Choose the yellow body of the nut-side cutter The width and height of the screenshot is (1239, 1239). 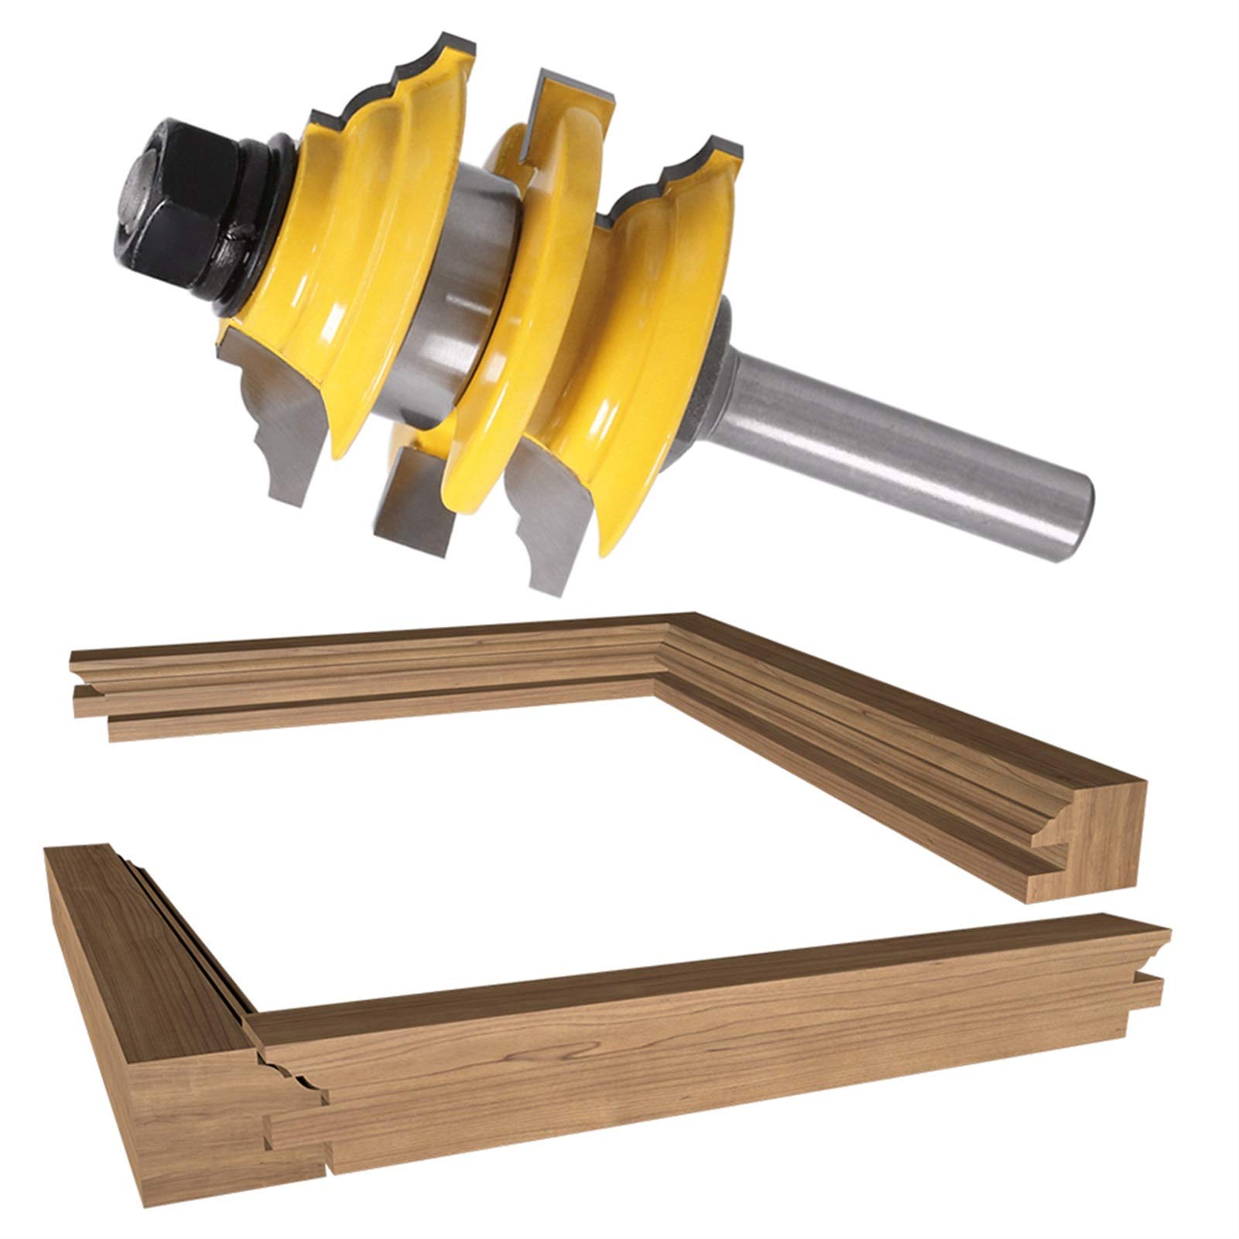(x=364, y=255)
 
